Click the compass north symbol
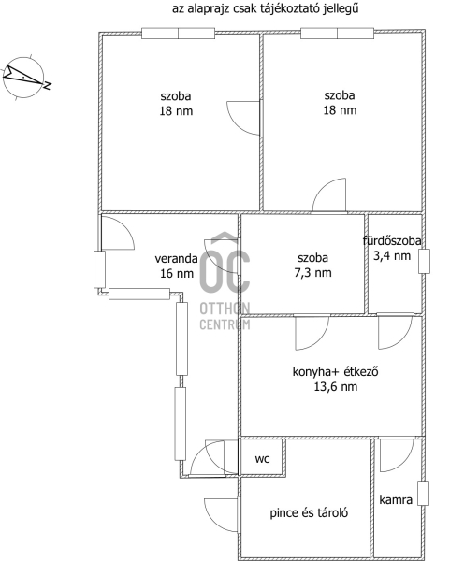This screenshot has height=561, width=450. tap(24, 78)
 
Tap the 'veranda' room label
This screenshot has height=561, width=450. tap(176, 258)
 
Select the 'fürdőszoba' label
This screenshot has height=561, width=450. tap(392, 241)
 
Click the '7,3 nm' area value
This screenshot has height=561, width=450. tap(312, 273)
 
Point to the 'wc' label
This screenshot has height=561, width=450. tap(262, 459)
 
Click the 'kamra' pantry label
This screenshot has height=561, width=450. tap(396, 500)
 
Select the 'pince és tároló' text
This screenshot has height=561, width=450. tap(309, 513)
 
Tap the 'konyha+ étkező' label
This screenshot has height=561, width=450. tap(336, 372)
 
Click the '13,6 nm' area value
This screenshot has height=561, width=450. tap(336, 387)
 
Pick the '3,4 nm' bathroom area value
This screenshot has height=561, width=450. tap(392, 256)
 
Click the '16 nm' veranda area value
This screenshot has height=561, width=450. tap(177, 274)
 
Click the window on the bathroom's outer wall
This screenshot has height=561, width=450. tap(424, 262)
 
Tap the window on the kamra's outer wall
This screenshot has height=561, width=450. tap(424, 494)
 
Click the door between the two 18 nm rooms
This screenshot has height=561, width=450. tap(243, 118)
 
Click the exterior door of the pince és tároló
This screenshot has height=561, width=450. tap(221, 515)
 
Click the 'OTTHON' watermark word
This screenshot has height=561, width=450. tap(225, 309)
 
